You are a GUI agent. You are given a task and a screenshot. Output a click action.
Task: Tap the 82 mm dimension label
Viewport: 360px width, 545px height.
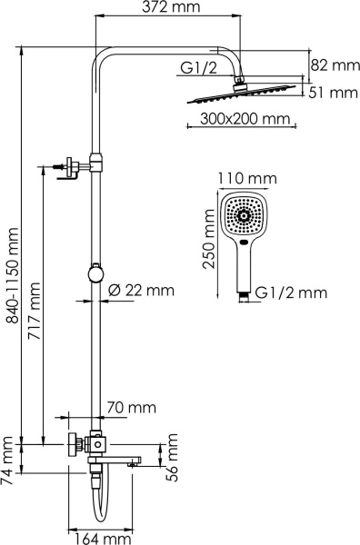[x=334, y=65]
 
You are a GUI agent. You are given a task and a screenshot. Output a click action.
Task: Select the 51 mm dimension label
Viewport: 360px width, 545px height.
[x=334, y=92]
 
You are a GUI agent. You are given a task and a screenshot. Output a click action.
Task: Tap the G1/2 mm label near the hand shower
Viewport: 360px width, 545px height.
[x=291, y=292]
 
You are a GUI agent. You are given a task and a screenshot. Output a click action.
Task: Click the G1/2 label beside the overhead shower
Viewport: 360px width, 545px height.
[x=197, y=70]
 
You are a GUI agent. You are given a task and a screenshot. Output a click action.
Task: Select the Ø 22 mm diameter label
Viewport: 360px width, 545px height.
[x=140, y=291]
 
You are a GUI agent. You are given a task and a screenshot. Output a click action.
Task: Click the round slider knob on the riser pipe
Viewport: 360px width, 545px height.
[x=94, y=272]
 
